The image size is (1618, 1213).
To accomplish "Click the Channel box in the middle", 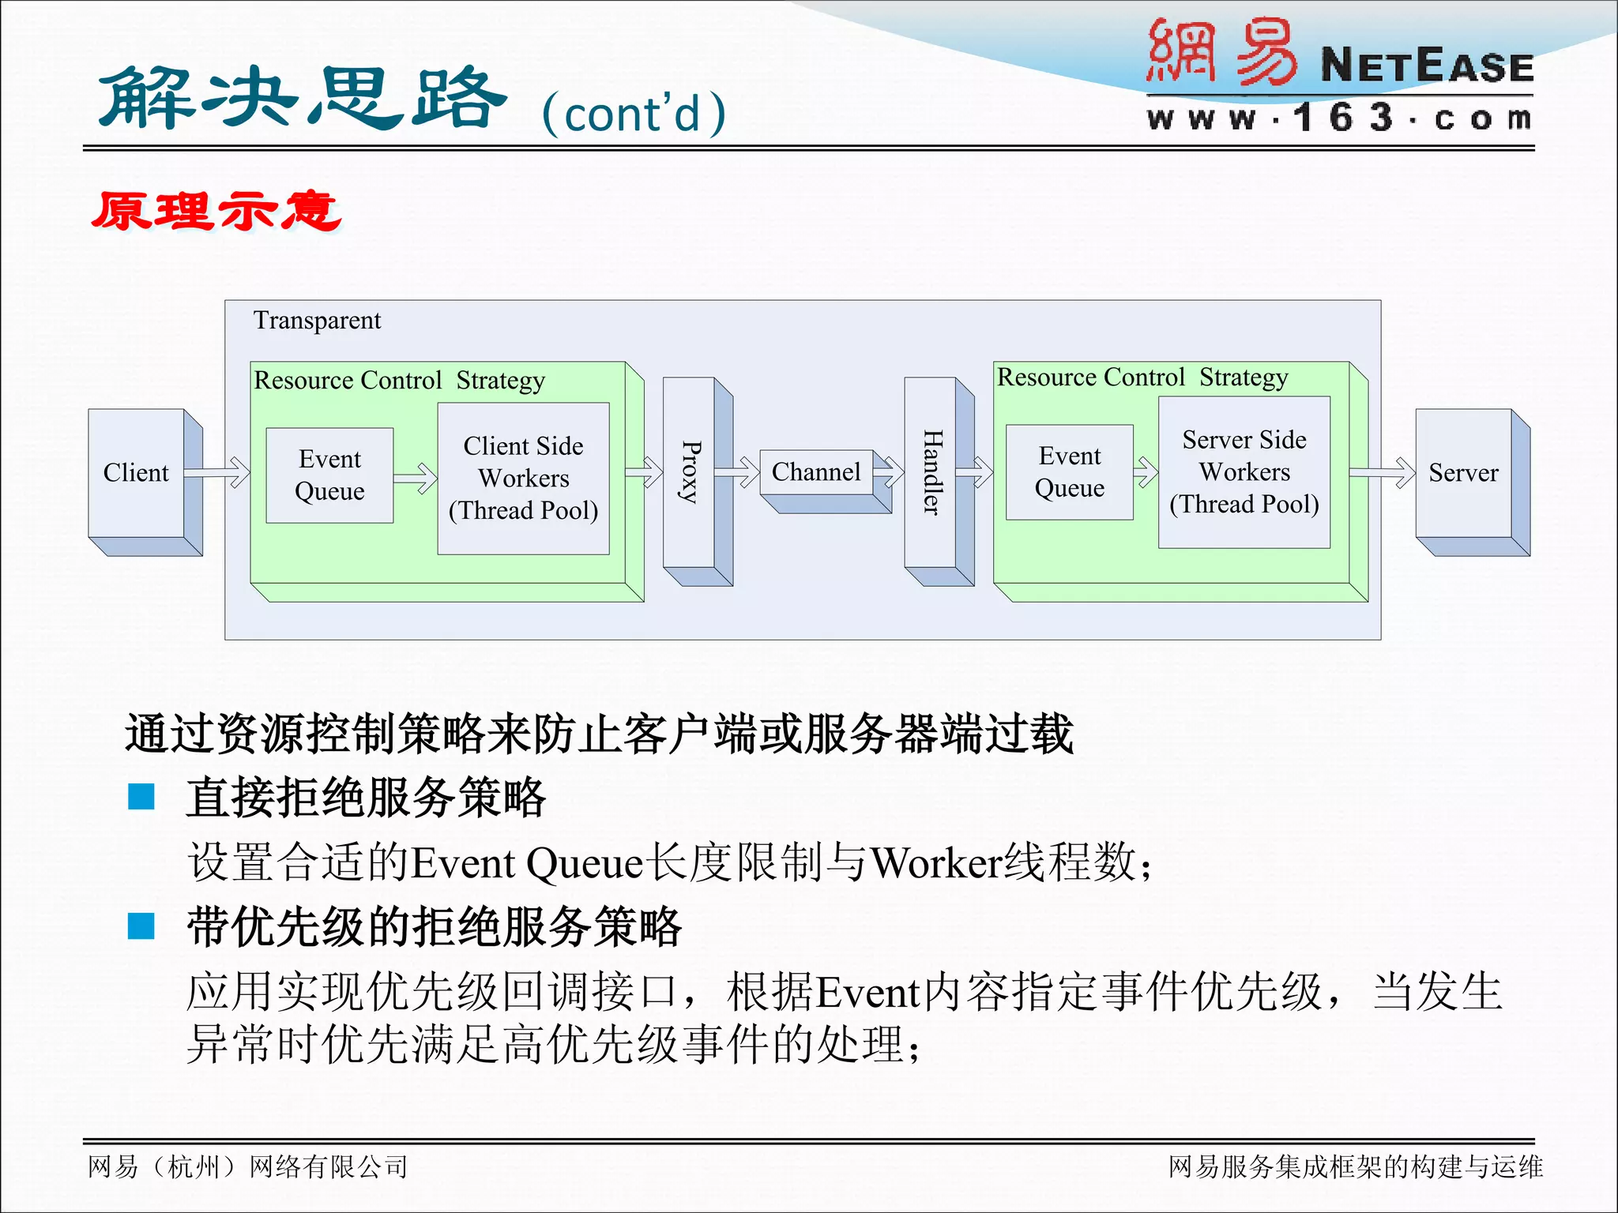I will pyautogui.click(x=816, y=471).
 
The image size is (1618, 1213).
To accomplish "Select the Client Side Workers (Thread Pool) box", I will pyautogui.click(x=523, y=478).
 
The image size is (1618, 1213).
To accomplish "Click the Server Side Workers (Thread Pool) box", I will pyautogui.click(x=1244, y=471).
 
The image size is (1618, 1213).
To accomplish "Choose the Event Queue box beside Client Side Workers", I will pyautogui.click(x=329, y=475).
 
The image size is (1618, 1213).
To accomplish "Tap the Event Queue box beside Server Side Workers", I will pyautogui.click(x=1069, y=471).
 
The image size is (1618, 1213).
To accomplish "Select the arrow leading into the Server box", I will pyautogui.click(x=1383, y=472).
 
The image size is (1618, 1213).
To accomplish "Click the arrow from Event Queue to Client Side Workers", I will pyautogui.click(x=416, y=477).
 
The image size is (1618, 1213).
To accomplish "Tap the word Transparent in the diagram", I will pyautogui.click(x=317, y=321).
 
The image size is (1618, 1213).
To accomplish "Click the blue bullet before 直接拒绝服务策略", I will pyautogui.click(x=141, y=796).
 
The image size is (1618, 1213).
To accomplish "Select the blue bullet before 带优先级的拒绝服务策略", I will pyautogui.click(x=141, y=926).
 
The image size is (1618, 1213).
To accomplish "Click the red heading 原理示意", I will pyautogui.click(x=216, y=212).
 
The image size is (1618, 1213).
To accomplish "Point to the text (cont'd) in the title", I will pyautogui.click(x=634, y=114).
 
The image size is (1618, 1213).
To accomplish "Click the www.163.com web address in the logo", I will pyautogui.click(x=1340, y=118).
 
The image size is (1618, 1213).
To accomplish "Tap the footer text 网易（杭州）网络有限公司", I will pyautogui.click(x=248, y=1166).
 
